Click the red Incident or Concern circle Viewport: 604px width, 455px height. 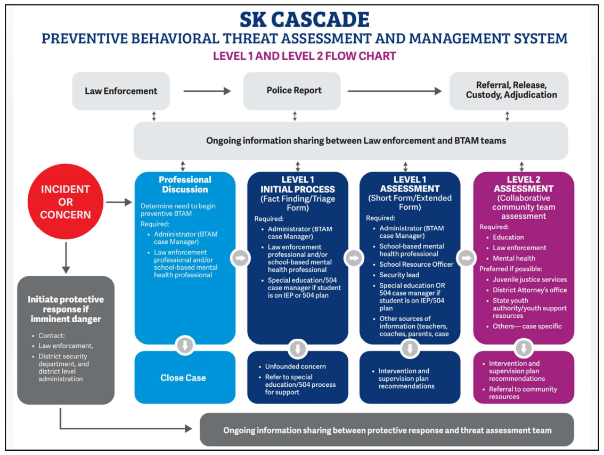(66, 202)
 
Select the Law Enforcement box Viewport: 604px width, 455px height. (121, 91)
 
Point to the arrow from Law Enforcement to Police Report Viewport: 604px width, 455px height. (207, 91)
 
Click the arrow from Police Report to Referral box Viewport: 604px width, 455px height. (395, 91)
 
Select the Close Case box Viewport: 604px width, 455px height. (183, 378)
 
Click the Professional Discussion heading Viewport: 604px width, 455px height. (185, 185)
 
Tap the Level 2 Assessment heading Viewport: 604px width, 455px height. (523, 184)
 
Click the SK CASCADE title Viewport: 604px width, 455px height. (304, 20)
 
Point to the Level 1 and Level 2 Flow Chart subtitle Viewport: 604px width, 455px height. (304, 56)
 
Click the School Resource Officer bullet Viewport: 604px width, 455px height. (416, 265)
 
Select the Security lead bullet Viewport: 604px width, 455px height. (399, 275)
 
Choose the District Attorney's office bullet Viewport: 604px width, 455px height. (529, 290)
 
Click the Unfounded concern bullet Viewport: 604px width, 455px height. (295, 366)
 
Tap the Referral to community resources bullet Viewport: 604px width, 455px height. (523, 393)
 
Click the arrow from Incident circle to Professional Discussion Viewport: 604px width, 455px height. (118, 202)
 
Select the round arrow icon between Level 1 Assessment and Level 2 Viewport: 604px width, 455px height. (466, 258)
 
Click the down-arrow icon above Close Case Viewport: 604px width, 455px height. (185, 346)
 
